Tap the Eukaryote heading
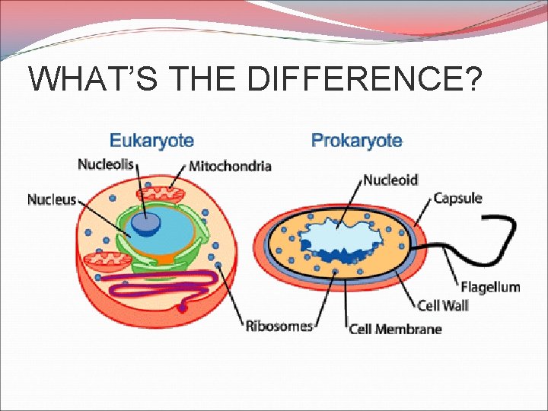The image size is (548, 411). (151, 141)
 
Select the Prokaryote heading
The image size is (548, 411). (356, 141)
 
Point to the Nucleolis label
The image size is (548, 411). (106, 164)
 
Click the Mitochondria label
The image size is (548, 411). (230, 167)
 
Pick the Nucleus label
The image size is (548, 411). (52, 199)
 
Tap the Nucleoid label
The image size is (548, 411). (390, 180)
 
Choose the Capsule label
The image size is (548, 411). (457, 199)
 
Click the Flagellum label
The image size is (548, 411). (490, 287)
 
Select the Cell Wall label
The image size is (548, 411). (442, 305)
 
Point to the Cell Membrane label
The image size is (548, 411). (395, 329)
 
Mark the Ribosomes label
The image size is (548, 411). (279, 326)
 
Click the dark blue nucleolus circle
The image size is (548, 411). (145, 223)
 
